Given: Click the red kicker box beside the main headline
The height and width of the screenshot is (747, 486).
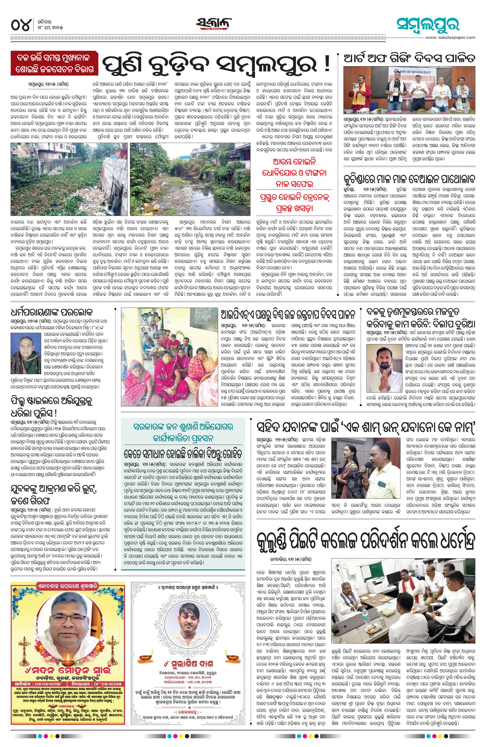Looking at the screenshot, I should click(54, 64).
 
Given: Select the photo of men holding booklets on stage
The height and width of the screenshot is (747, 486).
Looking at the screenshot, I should click(409, 90).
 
